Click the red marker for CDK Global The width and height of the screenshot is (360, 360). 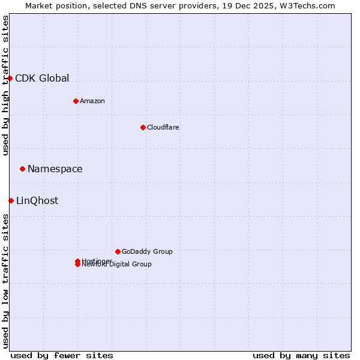(x=10, y=78)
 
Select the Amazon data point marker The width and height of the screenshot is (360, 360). (x=76, y=101)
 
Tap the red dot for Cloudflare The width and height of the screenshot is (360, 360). (x=143, y=127)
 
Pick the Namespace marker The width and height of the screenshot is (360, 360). (x=22, y=169)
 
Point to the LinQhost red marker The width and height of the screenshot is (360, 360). (x=11, y=200)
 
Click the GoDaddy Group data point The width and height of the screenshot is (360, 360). (x=118, y=251)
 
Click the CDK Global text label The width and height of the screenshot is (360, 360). (x=42, y=78)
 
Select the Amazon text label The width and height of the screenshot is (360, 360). (x=92, y=101)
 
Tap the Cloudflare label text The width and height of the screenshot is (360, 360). (x=163, y=127)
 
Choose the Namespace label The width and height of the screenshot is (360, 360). (x=55, y=169)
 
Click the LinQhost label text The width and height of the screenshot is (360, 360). (x=37, y=200)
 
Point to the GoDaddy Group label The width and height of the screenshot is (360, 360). (x=147, y=251)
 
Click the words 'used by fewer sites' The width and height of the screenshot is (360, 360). (x=62, y=355)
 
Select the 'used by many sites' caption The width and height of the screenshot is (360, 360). (x=301, y=355)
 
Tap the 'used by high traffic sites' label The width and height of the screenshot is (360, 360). (x=6, y=85)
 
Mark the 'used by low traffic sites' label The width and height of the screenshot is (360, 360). (x=6, y=281)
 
